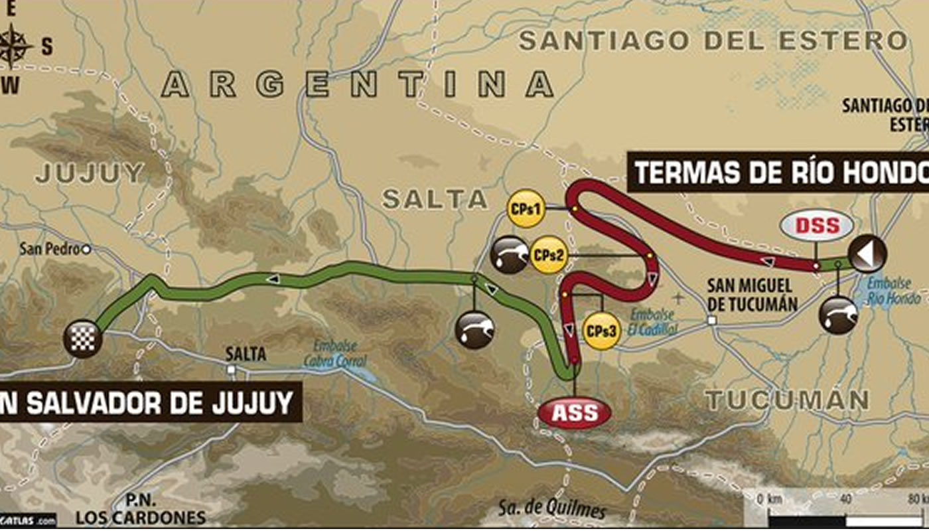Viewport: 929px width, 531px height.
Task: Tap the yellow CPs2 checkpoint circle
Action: click(x=549, y=256)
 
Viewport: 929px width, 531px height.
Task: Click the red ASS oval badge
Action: click(x=575, y=412)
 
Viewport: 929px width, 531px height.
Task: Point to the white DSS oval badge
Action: click(x=817, y=226)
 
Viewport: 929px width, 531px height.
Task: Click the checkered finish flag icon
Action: click(x=82, y=339)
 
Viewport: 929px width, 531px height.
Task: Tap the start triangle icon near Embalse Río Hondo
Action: click(x=867, y=253)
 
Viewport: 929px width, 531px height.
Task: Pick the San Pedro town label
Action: click(x=50, y=249)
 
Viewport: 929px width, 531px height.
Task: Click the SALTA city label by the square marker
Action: click(x=246, y=354)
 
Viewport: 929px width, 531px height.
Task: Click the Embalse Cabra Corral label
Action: click(x=334, y=354)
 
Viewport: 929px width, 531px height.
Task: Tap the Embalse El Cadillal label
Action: click(x=654, y=322)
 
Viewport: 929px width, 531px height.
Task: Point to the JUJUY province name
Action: click(x=90, y=173)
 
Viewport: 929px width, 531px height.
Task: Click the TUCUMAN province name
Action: click(x=786, y=400)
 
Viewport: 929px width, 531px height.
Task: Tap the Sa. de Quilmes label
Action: click(x=552, y=510)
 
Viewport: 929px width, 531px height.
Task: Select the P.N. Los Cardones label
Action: click(x=140, y=510)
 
